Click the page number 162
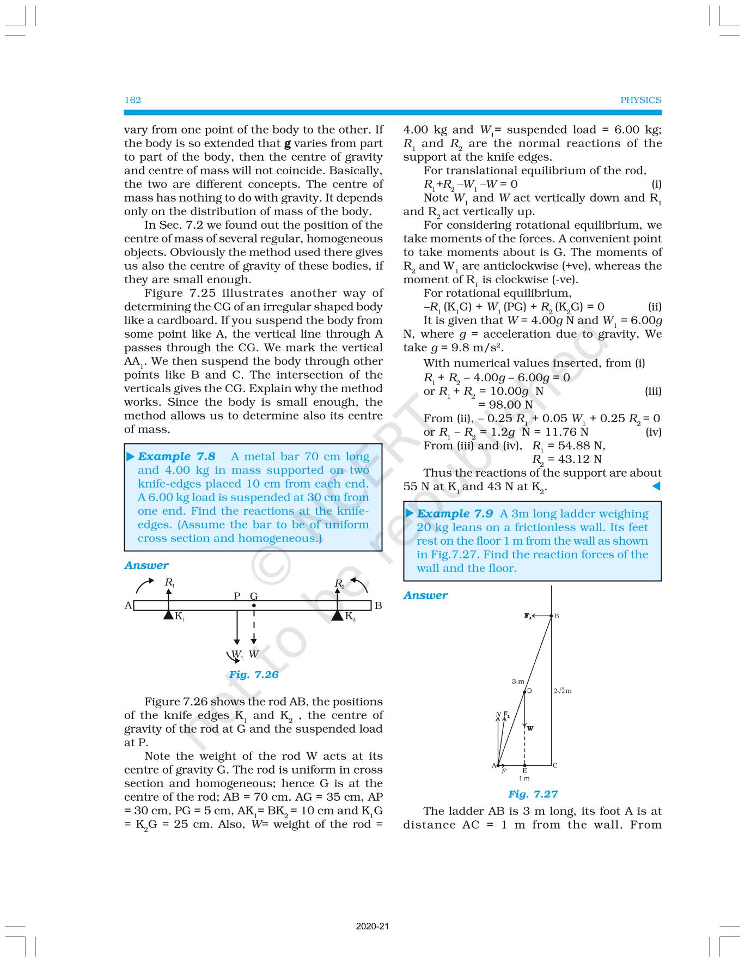point(133,100)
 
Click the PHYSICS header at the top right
point(640,100)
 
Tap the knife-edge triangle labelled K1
point(169,615)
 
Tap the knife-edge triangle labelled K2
point(338,615)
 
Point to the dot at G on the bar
point(254,605)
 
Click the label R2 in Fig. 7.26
point(339,584)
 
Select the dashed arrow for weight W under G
point(254,626)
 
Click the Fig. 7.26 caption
point(253,674)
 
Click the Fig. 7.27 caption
point(533,794)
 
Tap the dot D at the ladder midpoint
point(525,692)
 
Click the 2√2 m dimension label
point(563,691)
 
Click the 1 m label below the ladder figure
point(524,778)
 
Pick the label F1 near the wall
point(527,616)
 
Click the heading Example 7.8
point(176,456)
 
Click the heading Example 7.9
point(455,514)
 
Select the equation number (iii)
point(653,391)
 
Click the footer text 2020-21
point(373,926)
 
